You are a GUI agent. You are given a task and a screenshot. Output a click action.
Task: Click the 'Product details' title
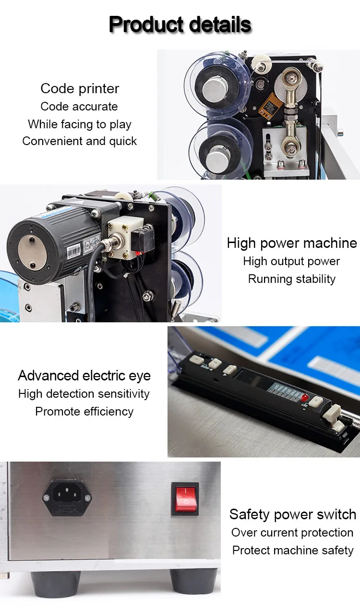[180, 24]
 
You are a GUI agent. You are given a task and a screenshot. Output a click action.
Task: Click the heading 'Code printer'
[80, 88]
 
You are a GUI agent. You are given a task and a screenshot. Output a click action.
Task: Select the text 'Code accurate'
[79, 106]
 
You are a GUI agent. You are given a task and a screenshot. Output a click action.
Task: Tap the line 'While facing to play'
[80, 124]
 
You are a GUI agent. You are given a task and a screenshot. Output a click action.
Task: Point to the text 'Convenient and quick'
[80, 141]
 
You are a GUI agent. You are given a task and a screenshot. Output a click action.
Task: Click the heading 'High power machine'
[292, 243]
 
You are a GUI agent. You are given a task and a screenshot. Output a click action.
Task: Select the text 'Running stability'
[292, 279]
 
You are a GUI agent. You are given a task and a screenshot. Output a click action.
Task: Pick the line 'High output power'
[291, 261]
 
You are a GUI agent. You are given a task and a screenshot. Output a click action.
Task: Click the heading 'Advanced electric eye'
[84, 376]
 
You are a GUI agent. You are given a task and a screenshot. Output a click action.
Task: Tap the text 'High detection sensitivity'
[84, 394]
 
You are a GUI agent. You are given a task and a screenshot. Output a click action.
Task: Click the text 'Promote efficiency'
[84, 412]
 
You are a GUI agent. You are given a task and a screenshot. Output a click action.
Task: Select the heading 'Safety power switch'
[293, 514]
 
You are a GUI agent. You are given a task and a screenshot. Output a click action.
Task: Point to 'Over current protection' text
[292, 533]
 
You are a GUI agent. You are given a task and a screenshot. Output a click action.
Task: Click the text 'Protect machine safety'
[293, 550]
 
